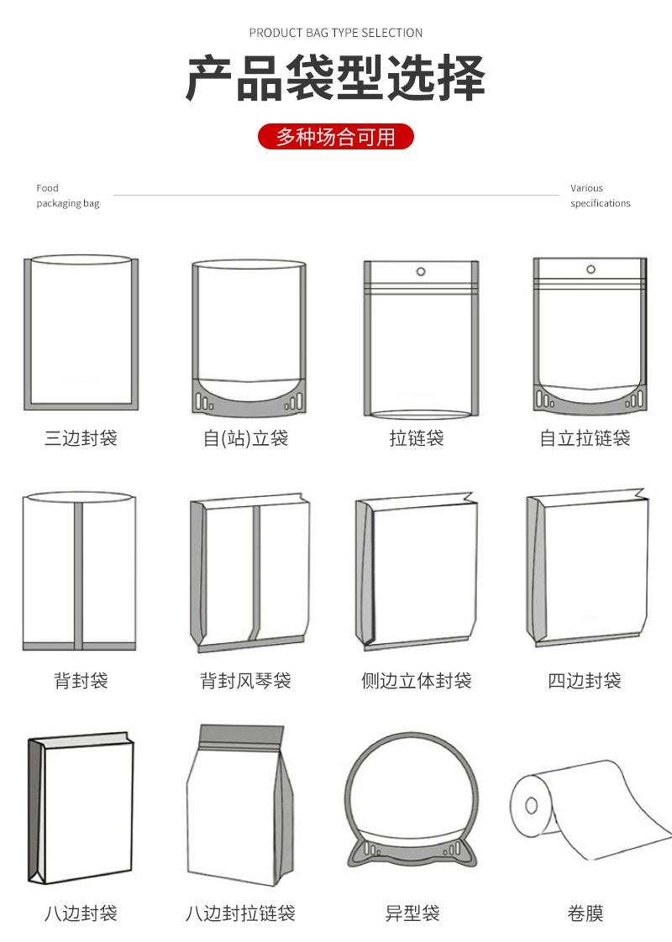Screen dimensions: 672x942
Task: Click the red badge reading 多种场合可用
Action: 336,136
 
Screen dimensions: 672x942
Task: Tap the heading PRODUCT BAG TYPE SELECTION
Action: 336,33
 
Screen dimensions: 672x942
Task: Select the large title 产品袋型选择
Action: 336,79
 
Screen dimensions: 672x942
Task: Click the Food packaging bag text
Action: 67,196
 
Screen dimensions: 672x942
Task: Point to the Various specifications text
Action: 600,196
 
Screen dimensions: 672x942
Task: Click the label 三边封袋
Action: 81,438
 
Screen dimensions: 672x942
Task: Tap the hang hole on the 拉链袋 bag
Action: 420,272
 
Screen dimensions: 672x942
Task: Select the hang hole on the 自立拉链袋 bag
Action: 591,270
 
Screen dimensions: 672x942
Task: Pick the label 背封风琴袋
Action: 246,680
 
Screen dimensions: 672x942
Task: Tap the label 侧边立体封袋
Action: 417,680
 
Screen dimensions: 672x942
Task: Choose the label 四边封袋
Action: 585,680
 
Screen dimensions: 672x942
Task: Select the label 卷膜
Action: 585,913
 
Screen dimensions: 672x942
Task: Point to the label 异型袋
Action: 412,913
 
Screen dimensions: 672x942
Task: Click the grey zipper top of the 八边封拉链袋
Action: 241,736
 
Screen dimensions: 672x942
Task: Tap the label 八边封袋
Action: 81,913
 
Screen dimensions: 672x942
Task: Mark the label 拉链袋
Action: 417,438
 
